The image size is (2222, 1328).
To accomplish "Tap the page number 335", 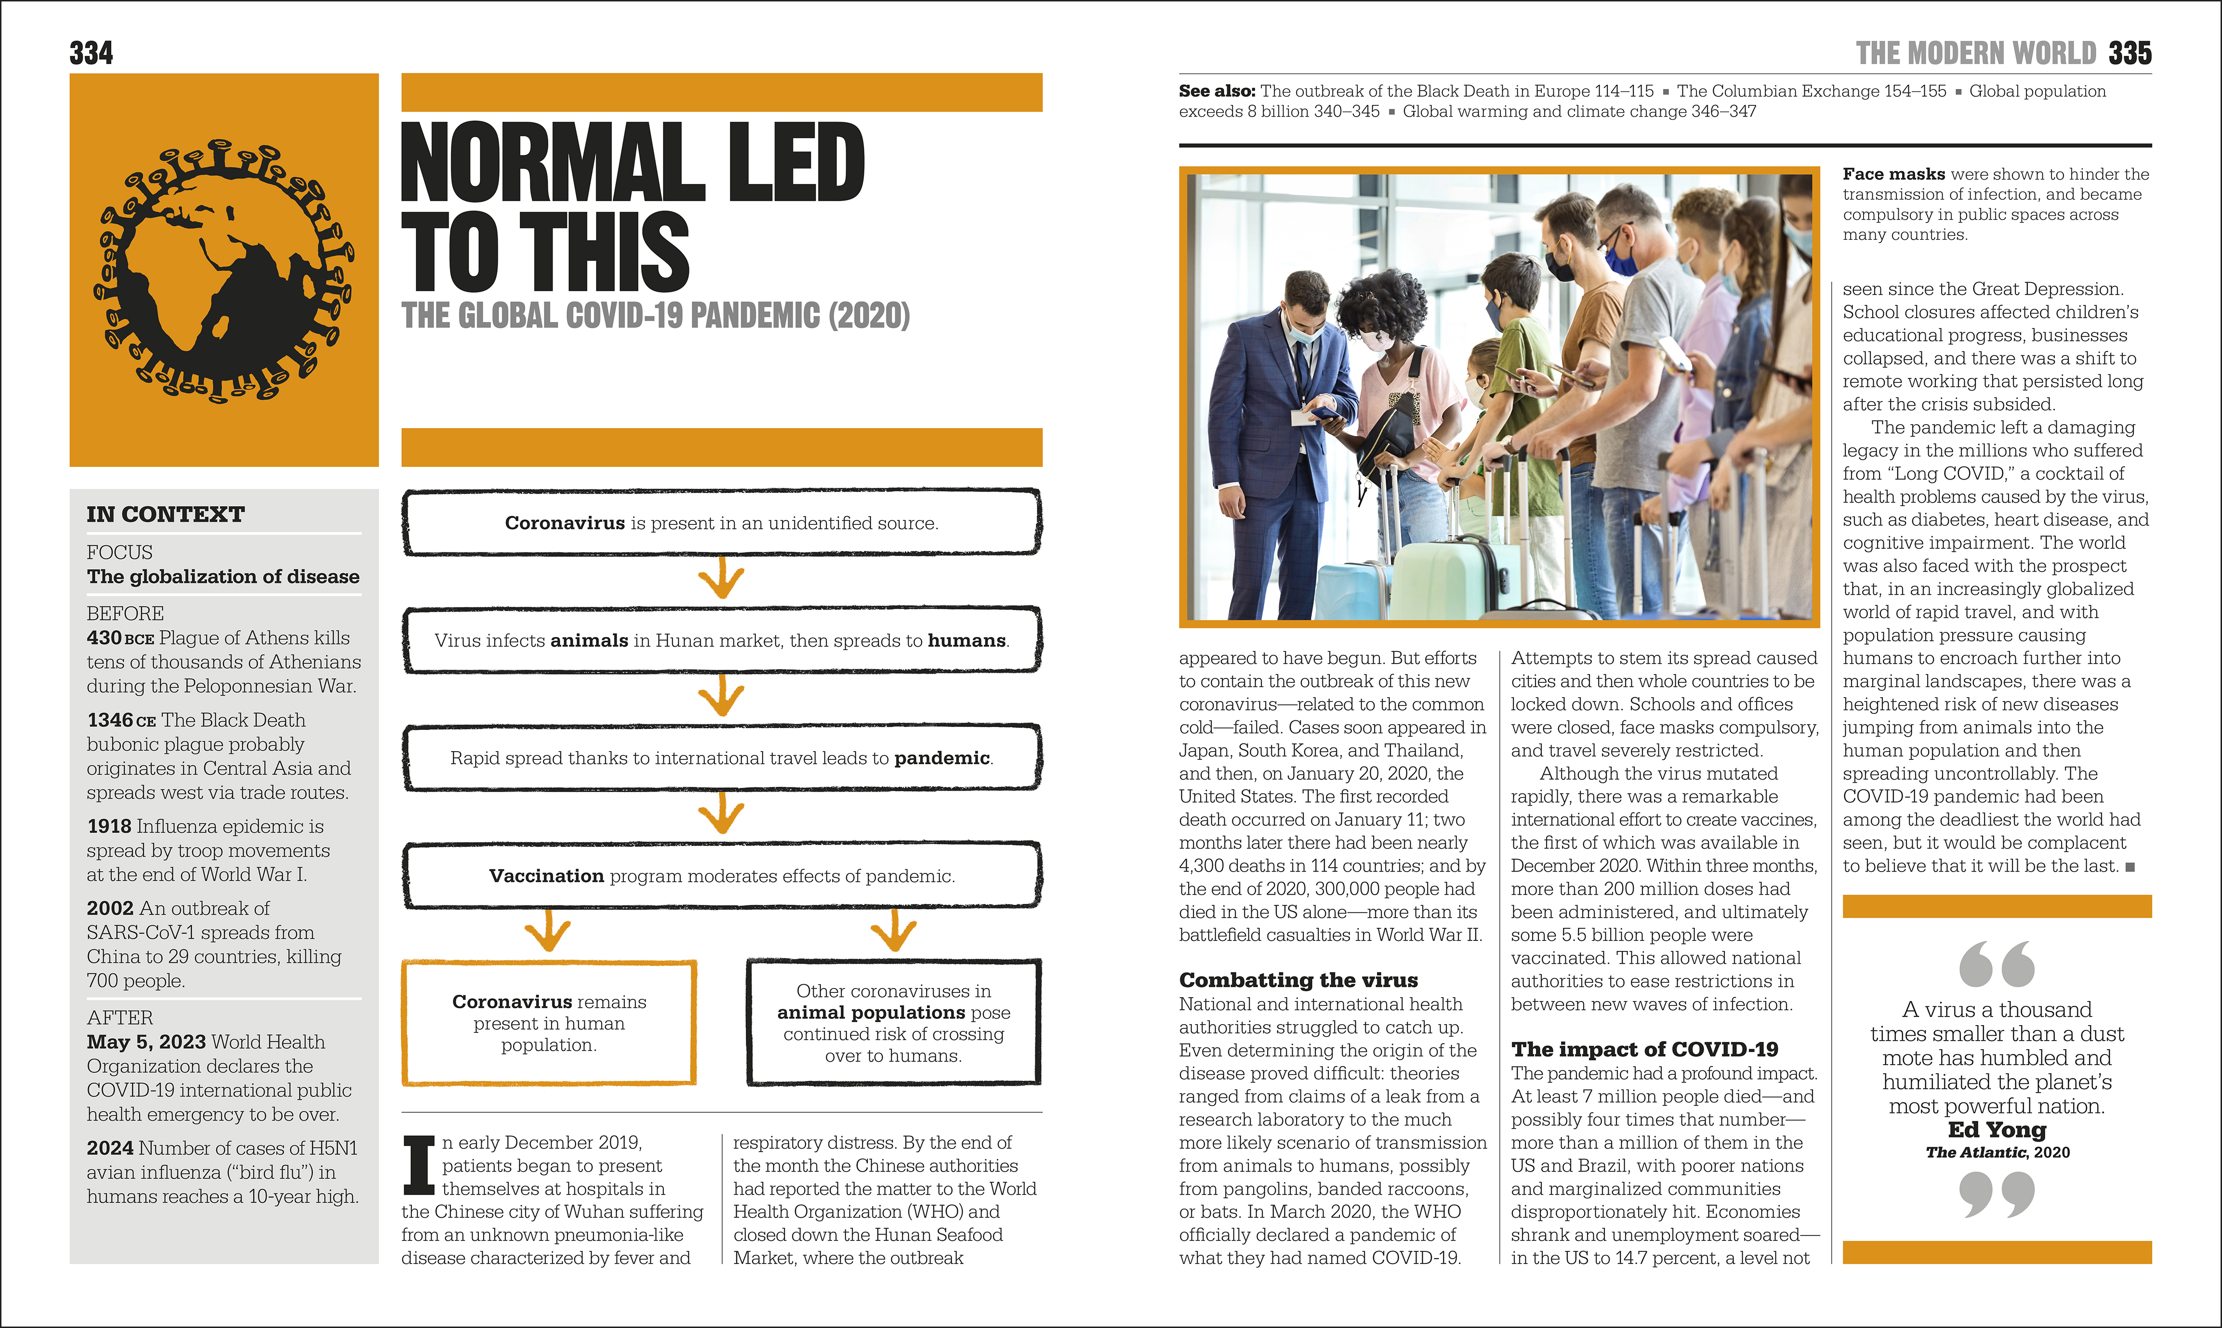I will [2130, 54].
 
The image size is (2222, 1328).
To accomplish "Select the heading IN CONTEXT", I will [166, 515].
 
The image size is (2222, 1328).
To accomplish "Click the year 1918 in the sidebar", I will [109, 826].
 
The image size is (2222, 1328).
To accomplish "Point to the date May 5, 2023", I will [147, 1042].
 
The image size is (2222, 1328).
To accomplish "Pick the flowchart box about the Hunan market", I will [722, 641].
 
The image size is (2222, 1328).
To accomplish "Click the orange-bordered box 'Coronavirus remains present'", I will [549, 1023].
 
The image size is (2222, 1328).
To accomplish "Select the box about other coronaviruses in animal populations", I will [893, 1023].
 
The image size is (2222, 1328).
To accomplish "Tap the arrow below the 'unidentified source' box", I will [722, 579].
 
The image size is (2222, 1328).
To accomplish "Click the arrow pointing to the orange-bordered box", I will [548, 932].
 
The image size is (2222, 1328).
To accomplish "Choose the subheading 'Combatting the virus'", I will [1298, 980].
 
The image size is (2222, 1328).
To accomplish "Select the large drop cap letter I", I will [418, 1165].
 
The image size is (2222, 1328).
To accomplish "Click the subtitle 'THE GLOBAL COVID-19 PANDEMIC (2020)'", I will [655, 316].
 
